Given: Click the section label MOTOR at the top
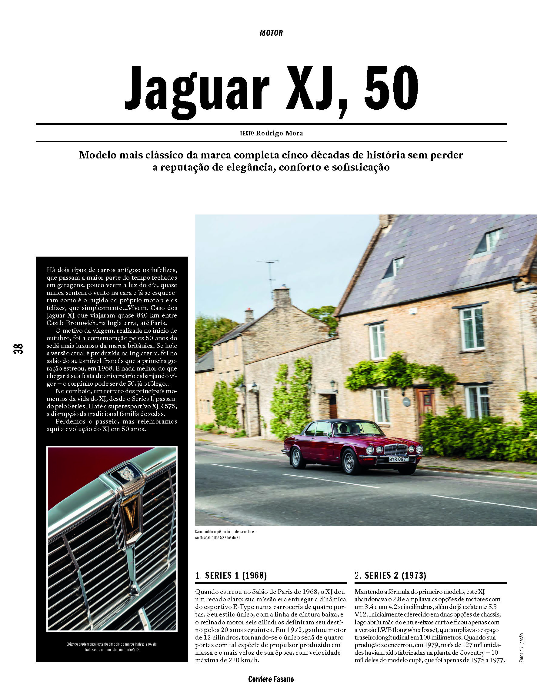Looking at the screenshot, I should (x=271, y=33).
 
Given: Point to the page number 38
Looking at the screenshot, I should (x=18, y=348).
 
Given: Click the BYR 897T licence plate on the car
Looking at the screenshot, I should (x=399, y=459).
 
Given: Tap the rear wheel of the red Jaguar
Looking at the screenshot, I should (x=297, y=455).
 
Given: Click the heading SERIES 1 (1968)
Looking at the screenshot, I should (x=231, y=575).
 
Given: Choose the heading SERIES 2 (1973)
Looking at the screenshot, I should (x=390, y=575).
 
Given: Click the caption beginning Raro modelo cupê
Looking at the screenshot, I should (x=226, y=535).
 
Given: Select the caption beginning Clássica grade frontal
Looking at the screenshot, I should (x=112, y=647).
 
